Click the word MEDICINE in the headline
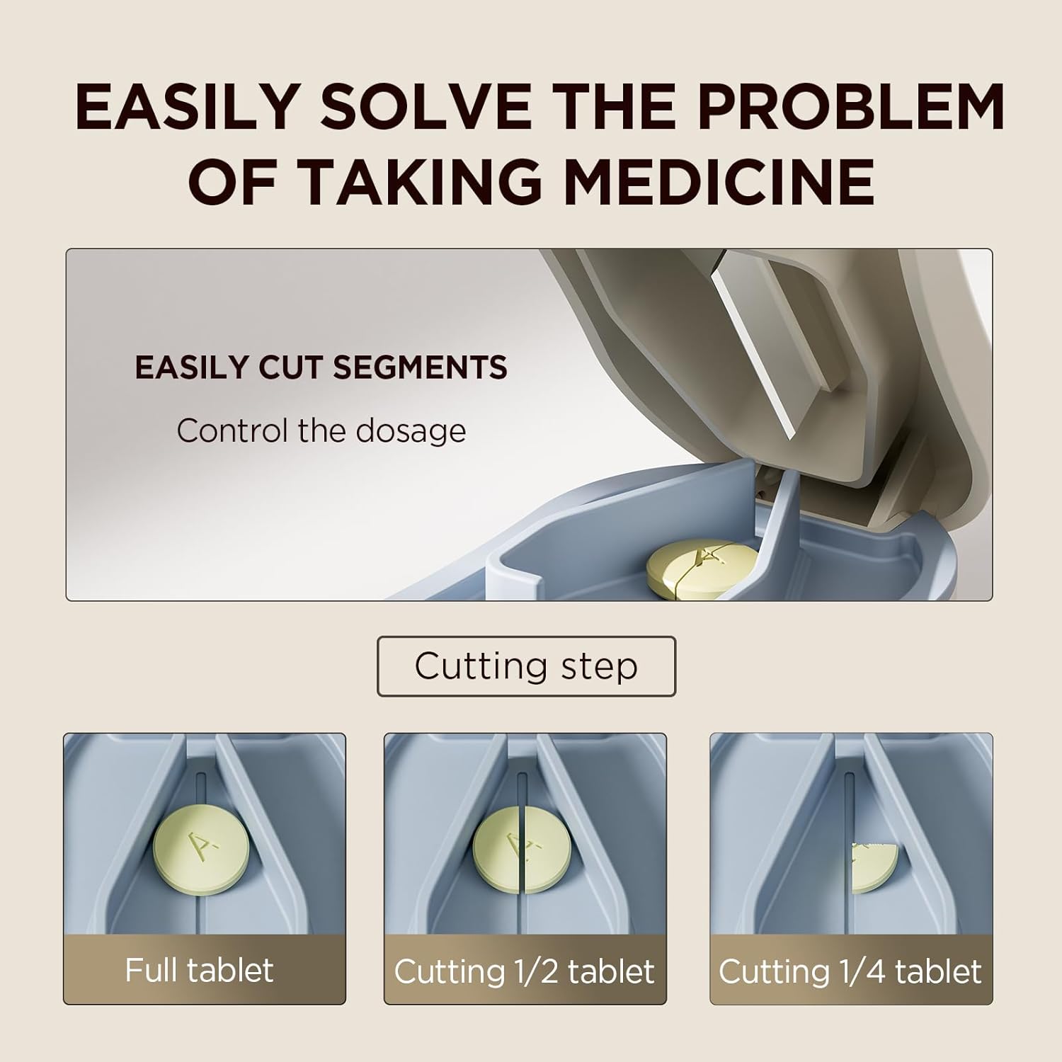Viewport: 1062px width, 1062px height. pyautogui.click(x=719, y=181)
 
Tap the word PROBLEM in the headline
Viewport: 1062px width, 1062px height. pyautogui.click(x=851, y=107)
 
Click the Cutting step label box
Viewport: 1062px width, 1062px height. pyautogui.click(x=526, y=666)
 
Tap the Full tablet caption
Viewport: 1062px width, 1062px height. pyautogui.click(x=199, y=970)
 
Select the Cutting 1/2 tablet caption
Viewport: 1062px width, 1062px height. pyautogui.click(x=524, y=971)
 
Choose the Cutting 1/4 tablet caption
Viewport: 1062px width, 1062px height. pyautogui.click(x=850, y=971)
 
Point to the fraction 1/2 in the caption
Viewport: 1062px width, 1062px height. pyautogui.click(x=538, y=971)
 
